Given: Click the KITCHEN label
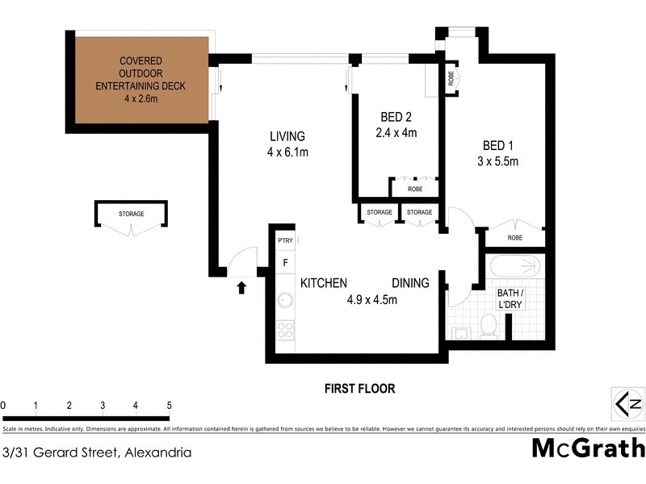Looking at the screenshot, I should coord(324,283).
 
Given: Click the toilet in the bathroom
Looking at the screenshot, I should coord(488,324).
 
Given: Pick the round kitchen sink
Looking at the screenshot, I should coord(285,301).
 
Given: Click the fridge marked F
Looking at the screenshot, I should coord(285,262).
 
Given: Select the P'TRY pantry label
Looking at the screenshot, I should coord(285,241).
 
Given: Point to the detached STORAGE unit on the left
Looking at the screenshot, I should coord(132,215).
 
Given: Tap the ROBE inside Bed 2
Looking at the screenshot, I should coord(415,189).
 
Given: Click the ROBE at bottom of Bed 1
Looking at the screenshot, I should coord(514,238).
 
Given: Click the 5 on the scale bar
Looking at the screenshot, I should coord(170,405).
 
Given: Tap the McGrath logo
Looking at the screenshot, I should coord(588,448).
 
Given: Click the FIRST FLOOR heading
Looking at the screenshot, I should coord(359,389).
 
